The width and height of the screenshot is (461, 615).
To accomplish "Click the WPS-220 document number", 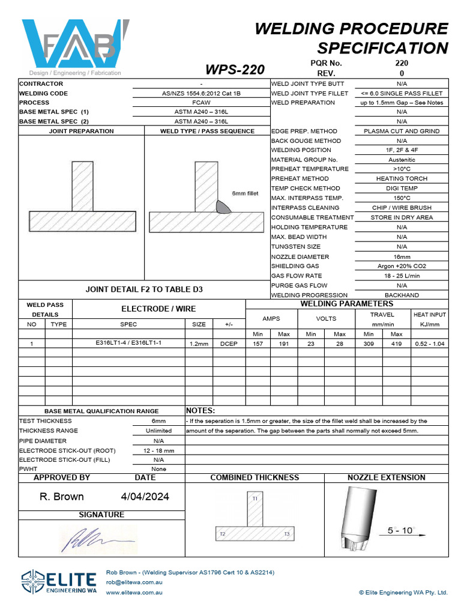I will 235,70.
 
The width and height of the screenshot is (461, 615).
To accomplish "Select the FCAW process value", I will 201,103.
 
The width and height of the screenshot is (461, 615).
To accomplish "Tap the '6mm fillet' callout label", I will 245,193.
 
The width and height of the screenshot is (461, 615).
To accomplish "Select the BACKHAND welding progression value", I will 402,295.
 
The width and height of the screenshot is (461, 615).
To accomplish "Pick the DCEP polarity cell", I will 229,344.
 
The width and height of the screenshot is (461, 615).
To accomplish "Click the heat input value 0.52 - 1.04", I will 430,344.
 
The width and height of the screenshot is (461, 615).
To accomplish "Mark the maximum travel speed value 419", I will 396,344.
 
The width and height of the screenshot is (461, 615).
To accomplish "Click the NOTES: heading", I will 200,410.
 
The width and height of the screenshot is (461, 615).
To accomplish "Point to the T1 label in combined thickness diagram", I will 255,498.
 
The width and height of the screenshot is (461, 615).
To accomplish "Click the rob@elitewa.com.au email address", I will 134,583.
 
